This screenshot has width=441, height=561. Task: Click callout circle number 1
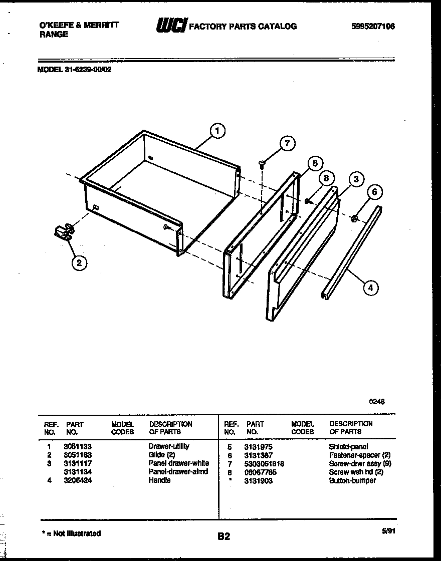216,131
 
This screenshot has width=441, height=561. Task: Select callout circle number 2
79,262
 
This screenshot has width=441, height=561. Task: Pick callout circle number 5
315,163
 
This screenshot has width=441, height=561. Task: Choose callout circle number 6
375,192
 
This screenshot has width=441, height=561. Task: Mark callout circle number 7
286,143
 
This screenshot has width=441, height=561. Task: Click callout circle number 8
326,178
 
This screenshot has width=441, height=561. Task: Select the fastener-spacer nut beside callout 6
354,217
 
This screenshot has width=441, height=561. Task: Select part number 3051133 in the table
77,446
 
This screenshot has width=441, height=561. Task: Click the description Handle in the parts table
159,480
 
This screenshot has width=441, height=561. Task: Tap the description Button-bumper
352,480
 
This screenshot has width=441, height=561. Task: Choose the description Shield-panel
348,446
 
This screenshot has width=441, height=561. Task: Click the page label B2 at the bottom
224,536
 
